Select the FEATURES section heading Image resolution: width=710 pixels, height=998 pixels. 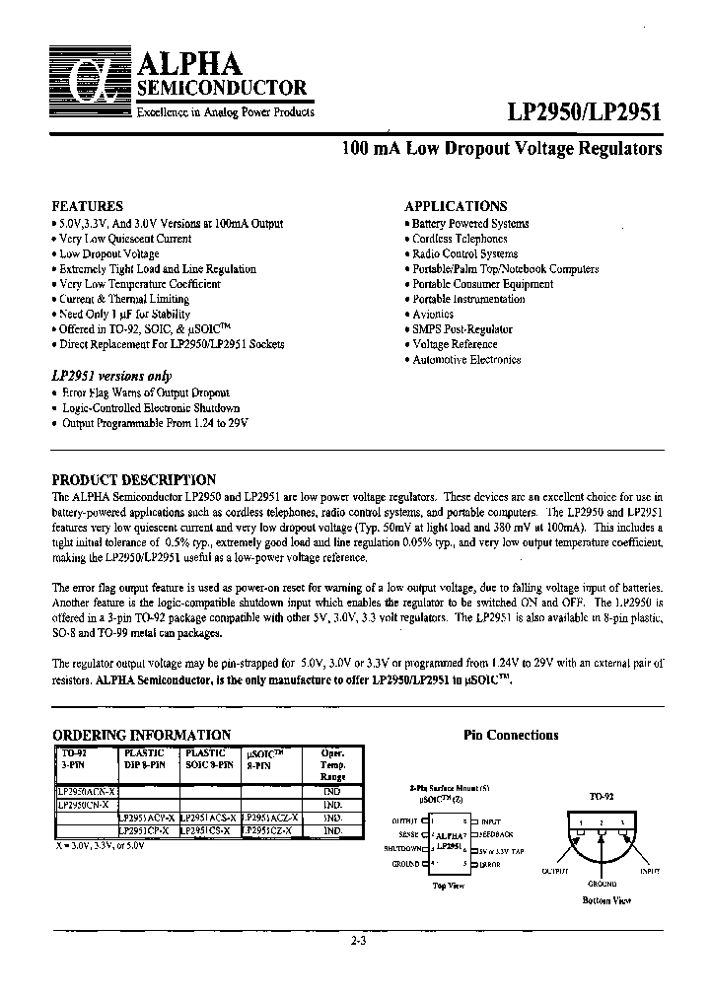tap(87, 207)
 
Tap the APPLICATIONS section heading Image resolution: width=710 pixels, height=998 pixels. tap(456, 207)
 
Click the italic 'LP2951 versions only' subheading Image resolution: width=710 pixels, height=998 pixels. tap(111, 376)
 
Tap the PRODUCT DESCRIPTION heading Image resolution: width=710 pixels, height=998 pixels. tap(133, 480)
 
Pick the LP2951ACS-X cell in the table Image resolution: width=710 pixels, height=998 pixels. tap(209, 818)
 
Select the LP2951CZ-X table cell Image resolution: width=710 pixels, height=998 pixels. tap(271, 830)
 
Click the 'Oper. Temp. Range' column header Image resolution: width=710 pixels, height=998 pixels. tap(332, 764)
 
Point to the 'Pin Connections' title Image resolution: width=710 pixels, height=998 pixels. tap(510, 736)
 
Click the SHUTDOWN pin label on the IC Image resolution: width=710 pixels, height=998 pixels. tap(406, 848)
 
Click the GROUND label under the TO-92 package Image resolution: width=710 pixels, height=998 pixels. tap(603, 885)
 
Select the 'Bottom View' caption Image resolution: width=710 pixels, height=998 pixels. tap(606, 901)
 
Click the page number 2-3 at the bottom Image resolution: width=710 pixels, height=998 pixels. tap(357, 941)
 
